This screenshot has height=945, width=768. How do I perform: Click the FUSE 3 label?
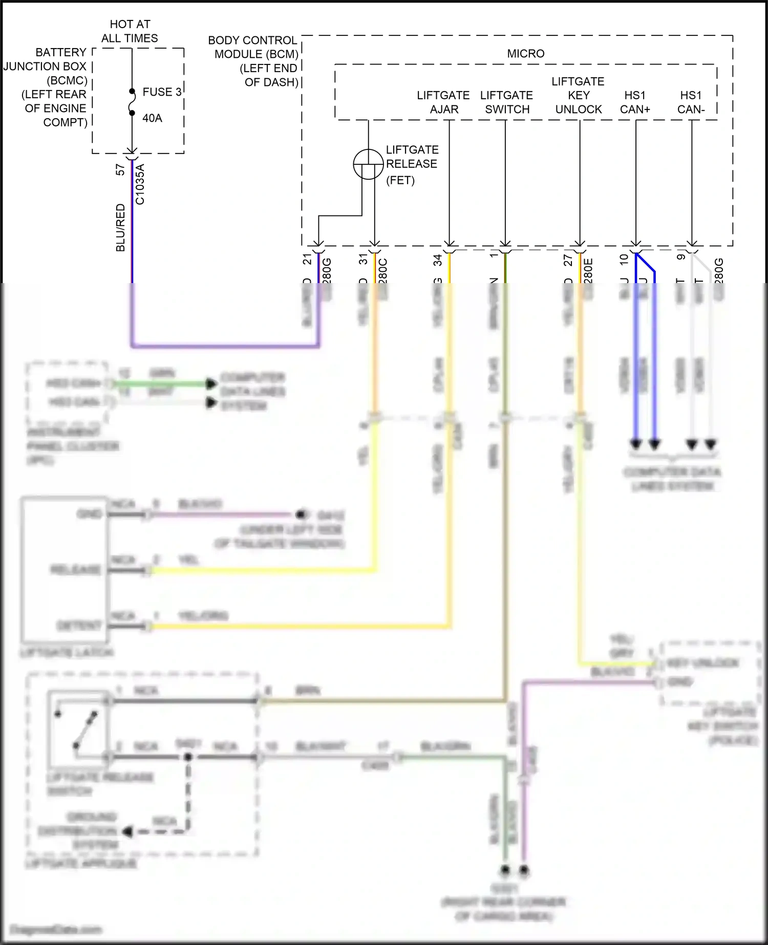(x=161, y=92)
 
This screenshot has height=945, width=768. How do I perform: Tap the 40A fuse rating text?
(x=152, y=118)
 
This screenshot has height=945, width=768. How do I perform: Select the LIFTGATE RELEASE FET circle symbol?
(x=368, y=164)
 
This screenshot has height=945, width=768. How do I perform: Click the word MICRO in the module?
(x=525, y=54)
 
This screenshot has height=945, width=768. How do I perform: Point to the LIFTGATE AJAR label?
(x=443, y=102)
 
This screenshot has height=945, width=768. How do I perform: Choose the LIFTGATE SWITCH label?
(x=506, y=102)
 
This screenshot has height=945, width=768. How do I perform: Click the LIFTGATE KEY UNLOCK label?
(x=578, y=95)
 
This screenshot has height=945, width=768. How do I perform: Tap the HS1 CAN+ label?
(x=635, y=102)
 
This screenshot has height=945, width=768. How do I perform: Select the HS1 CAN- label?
(x=691, y=102)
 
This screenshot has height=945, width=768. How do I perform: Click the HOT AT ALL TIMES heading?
(x=130, y=31)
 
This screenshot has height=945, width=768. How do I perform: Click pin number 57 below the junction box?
(x=120, y=169)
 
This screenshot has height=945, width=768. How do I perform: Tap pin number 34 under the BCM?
(x=438, y=261)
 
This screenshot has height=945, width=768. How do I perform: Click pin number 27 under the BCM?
(x=568, y=261)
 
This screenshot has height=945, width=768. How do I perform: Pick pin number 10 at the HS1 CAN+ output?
(x=624, y=260)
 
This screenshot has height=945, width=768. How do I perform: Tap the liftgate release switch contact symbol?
(x=77, y=729)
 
